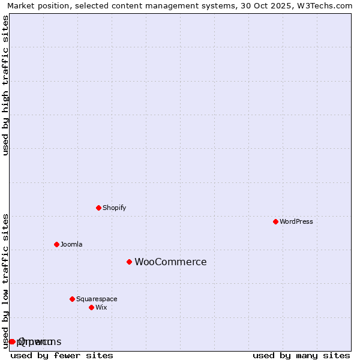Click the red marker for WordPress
click(275, 221)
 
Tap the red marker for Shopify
click(98, 208)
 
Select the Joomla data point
click(56, 244)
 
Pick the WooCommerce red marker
click(129, 262)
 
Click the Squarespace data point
click(72, 299)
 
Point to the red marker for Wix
click(91, 307)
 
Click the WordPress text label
click(296, 221)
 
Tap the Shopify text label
click(114, 208)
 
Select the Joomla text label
click(71, 244)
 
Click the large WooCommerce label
click(170, 262)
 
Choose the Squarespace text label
click(97, 299)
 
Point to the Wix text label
click(101, 307)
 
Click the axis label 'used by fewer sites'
click(62, 355)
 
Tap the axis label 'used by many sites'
click(301, 355)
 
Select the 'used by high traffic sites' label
click(5, 85)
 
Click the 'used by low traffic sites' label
click(5, 280)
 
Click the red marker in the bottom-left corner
click(11, 341)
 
